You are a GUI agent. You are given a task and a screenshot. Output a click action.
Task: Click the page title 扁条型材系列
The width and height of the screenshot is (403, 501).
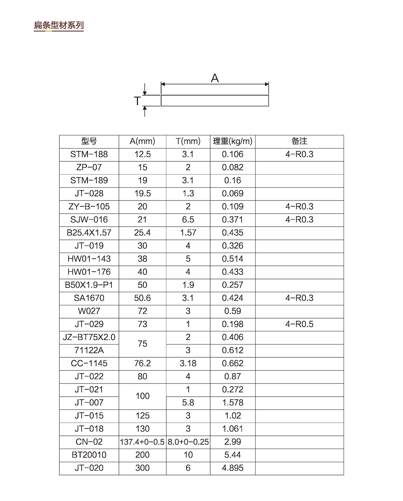tap(59, 25)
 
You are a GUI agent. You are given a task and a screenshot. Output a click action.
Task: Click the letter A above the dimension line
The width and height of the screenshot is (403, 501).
tap(215, 78)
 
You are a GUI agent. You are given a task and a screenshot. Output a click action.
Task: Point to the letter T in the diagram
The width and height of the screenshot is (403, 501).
tap(137, 101)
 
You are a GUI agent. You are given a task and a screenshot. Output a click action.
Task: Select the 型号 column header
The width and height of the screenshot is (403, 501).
tap(89, 141)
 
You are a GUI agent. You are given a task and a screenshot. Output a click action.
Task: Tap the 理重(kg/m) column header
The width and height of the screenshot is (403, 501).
tap(233, 141)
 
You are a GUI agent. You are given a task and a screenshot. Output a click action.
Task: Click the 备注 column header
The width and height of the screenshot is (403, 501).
tap(299, 141)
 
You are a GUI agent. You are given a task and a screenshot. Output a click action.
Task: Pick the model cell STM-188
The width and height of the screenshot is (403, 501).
tap(89, 154)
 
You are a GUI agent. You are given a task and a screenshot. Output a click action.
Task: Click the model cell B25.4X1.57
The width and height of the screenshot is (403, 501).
tap(89, 233)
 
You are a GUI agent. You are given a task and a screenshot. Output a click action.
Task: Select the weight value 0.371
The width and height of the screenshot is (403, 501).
tap(233, 220)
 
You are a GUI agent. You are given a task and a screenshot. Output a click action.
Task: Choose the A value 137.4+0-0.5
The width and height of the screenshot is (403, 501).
tap(142, 442)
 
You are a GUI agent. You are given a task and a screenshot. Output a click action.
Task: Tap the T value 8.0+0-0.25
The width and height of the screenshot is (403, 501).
tap(188, 442)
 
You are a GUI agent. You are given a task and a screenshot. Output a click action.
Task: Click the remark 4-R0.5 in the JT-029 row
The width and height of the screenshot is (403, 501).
tap(299, 324)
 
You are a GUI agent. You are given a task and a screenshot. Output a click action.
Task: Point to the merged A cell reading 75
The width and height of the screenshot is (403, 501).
tap(142, 344)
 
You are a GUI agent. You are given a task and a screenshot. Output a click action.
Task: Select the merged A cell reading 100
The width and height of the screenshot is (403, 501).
tap(142, 396)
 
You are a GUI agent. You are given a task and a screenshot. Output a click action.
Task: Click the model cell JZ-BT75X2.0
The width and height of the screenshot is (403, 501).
tap(89, 337)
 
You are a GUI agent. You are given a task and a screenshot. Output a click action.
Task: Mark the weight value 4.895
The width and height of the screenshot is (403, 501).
tap(233, 468)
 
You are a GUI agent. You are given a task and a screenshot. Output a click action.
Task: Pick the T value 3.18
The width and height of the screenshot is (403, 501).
tap(188, 363)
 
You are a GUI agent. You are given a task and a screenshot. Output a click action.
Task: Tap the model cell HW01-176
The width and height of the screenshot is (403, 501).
tap(89, 272)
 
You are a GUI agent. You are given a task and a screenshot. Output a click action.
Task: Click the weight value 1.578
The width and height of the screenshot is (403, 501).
tap(233, 403)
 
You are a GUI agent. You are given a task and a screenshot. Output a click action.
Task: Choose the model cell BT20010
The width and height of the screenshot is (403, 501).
tap(89, 455)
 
